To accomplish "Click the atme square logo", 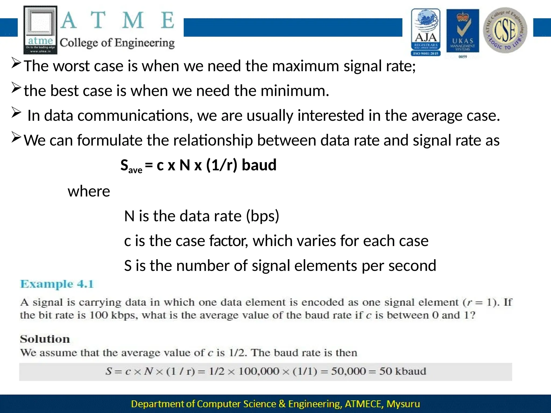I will click(x=40, y=30).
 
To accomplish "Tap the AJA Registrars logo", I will click(x=426, y=32).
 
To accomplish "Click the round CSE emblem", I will click(x=505, y=30).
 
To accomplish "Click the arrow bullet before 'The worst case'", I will click(x=16, y=64).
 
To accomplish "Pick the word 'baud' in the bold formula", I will click(x=259, y=165).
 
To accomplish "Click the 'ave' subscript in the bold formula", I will click(x=135, y=170).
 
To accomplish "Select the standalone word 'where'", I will click(x=89, y=191).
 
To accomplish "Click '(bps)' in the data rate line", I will click(x=263, y=216).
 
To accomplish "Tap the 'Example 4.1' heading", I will click(x=57, y=284).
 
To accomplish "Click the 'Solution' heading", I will click(x=45, y=339).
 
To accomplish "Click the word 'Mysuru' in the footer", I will click(x=403, y=404).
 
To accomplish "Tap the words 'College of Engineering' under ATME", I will click(x=117, y=43).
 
